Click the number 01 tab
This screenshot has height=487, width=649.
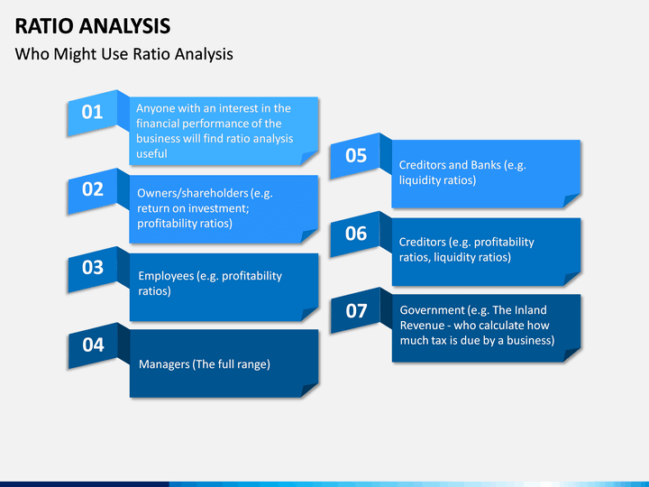[x=92, y=113]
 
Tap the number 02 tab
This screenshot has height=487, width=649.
[x=92, y=190]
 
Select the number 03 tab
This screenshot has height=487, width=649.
[x=92, y=269]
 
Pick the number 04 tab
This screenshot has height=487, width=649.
[x=93, y=345]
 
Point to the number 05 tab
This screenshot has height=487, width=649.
[x=355, y=156]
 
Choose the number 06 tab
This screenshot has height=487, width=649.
[x=355, y=234]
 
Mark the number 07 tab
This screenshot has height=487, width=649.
[x=356, y=311]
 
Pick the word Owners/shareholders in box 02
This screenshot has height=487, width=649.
[x=193, y=193]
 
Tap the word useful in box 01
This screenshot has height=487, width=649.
[x=151, y=153]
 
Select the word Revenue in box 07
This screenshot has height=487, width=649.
[x=422, y=326]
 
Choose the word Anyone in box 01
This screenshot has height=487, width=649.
[x=151, y=109]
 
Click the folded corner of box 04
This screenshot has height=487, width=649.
[x=309, y=391]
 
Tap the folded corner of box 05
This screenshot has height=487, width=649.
[x=571, y=200]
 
